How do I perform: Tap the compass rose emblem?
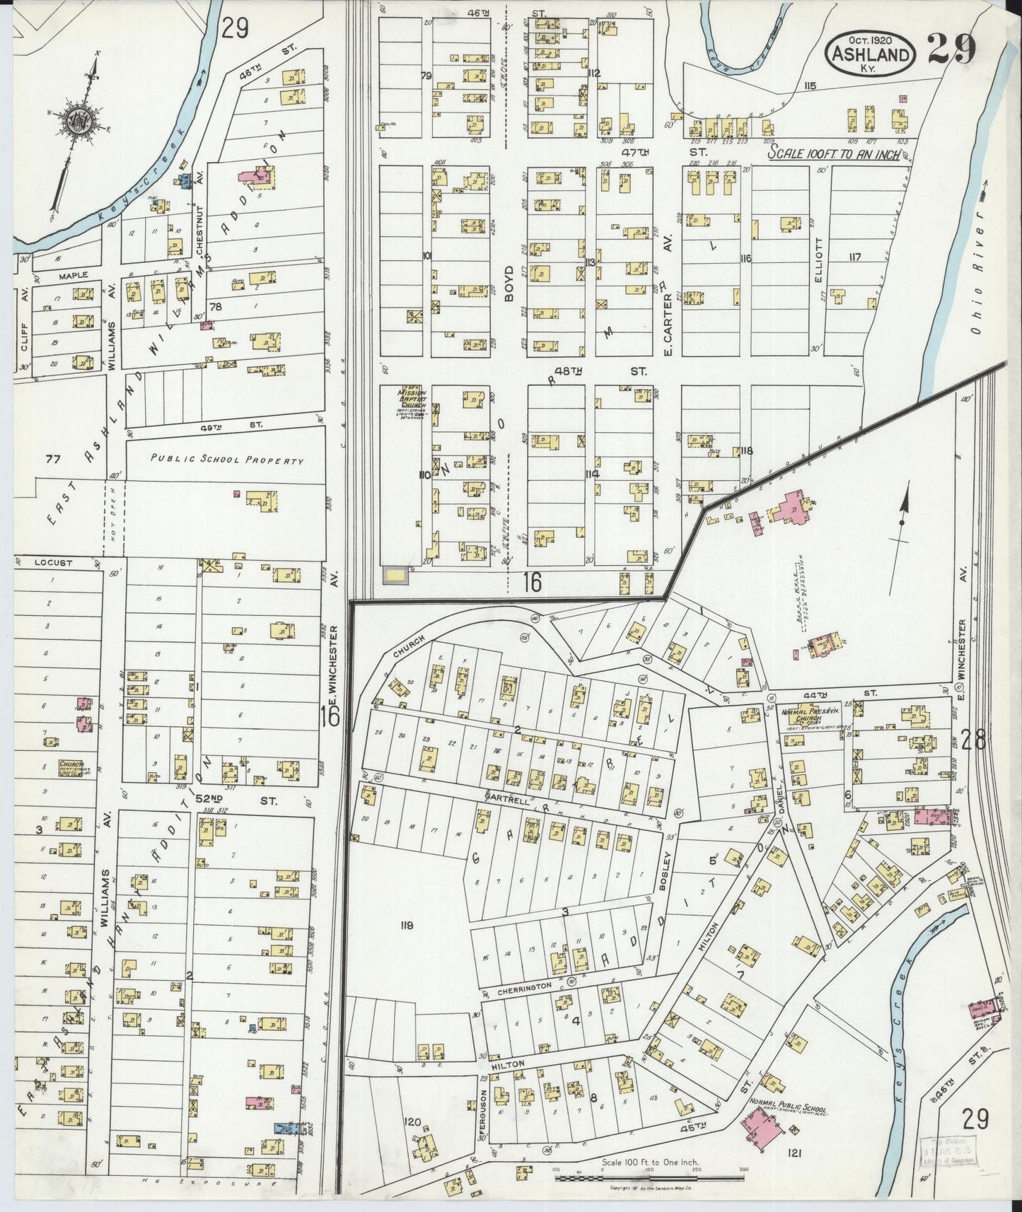tap(74, 122)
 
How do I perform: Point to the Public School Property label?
tap(226, 460)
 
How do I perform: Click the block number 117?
tap(854, 257)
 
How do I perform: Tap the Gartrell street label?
tap(503, 796)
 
